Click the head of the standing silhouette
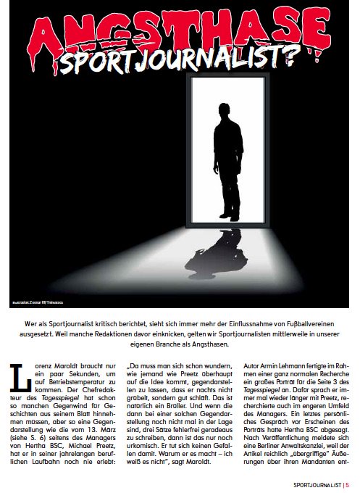click(x=227, y=117)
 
